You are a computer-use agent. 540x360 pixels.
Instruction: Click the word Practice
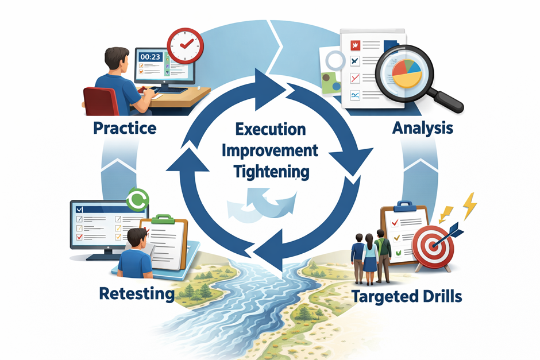pos(125,129)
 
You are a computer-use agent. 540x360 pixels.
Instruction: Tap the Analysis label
pos(423,129)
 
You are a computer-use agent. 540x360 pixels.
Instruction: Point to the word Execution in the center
pos(271,129)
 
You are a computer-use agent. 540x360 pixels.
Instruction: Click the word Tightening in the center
pos(271,172)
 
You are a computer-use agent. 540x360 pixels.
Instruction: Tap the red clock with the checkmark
pos(186,46)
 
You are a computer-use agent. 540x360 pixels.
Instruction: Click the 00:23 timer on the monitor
pos(150,57)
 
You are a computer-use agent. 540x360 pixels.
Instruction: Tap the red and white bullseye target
pos(433,246)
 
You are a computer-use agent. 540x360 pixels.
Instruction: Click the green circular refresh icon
pos(138,199)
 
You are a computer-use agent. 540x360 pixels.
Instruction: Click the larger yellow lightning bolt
pos(470,206)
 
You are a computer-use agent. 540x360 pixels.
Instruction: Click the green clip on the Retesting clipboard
pos(163,219)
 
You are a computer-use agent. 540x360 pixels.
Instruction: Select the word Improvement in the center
pos(270,151)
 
